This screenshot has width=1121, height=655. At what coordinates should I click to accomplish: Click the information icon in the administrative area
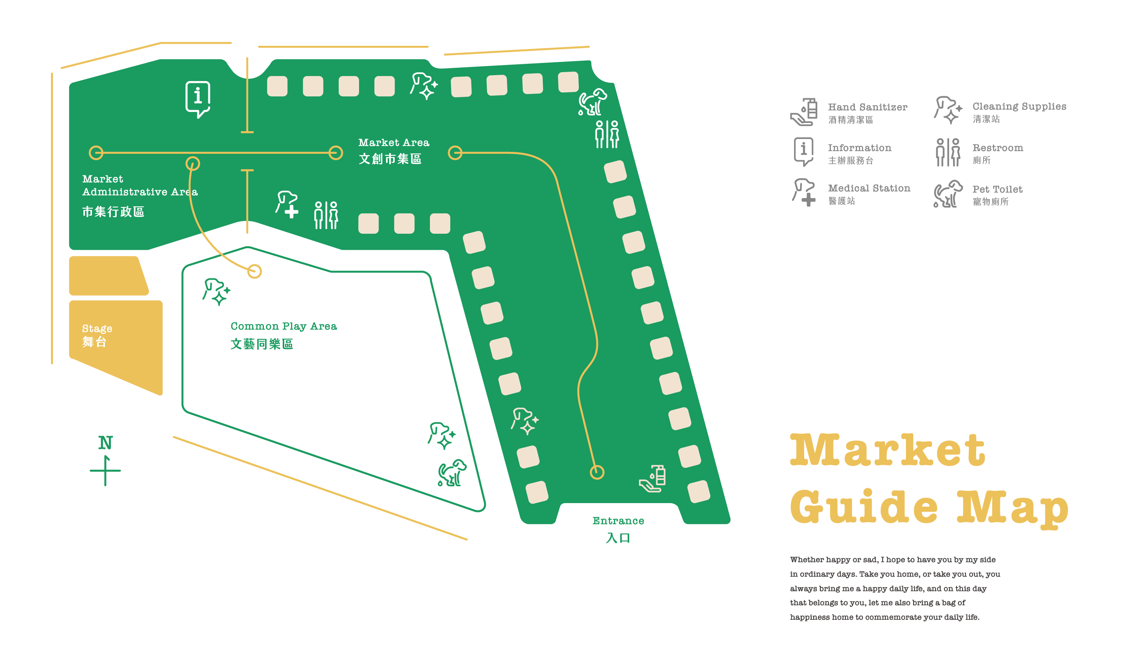[197, 99]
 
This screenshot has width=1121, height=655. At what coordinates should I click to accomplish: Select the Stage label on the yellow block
[97, 335]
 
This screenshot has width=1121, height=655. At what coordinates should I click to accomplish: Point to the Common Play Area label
[283, 334]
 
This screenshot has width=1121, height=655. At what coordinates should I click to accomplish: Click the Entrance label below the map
[618, 529]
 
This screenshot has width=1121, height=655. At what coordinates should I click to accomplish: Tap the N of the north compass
[105, 442]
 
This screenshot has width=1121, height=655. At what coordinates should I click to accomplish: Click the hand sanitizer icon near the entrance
[653, 478]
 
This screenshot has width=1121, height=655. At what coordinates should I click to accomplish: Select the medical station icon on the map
[287, 204]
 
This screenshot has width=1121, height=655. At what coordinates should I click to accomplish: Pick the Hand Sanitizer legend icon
[804, 112]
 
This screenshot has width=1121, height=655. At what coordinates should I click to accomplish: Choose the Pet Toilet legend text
[997, 195]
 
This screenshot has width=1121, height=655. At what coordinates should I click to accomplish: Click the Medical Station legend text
[868, 194]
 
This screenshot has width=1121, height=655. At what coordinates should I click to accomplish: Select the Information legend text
[859, 153]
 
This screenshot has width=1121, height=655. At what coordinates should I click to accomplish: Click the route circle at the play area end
[255, 271]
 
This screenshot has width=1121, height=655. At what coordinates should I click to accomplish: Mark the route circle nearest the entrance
[597, 472]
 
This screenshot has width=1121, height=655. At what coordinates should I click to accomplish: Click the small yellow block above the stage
[108, 276]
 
